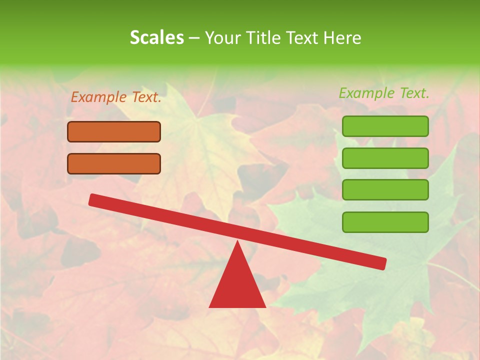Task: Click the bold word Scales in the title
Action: pyautogui.click(x=156, y=37)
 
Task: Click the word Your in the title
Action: pyautogui.click(x=222, y=37)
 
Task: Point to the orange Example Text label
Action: pyautogui.click(x=116, y=97)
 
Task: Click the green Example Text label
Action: pyautogui.click(x=384, y=93)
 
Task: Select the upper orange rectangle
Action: pyautogui.click(x=114, y=131)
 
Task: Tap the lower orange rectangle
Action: pyautogui.click(x=114, y=163)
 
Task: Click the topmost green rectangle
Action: pyautogui.click(x=385, y=126)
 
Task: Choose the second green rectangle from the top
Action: pyautogui.click(x=385, y=158)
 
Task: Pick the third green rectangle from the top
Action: pyautogui.click(x=385, y=189)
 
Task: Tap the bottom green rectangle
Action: pyautogui.click(x=385, y=222)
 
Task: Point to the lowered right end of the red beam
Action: pyautogui.click(x=382, y=263)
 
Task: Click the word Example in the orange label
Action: pyautogui.click(x=99, y=97)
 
